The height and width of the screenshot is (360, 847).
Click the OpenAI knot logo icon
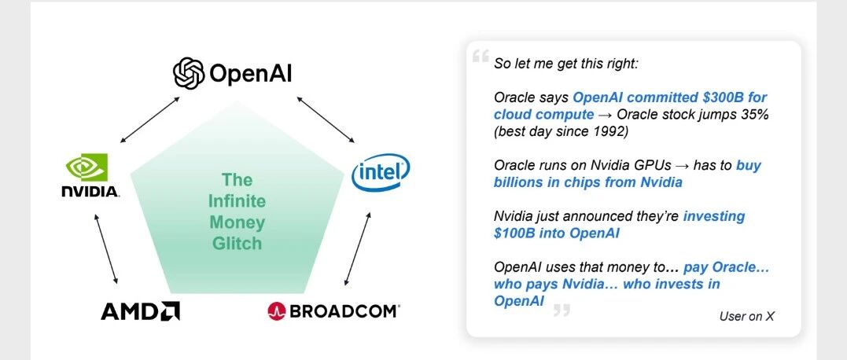click(189, 73)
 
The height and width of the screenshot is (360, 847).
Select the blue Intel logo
click(381, 173)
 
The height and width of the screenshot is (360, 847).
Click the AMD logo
click(141, 311)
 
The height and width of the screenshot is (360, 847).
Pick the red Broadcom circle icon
click(277, 311)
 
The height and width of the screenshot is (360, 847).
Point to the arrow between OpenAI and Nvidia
click(149, 119)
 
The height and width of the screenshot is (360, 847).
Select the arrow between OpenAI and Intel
click(326, 119)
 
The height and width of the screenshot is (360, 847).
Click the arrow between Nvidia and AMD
click(106, 248)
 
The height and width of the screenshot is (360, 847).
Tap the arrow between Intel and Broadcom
click(358, 248)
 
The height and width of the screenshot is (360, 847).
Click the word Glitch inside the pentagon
click(238, 244)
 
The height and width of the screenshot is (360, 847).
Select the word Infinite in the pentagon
click(238, 201)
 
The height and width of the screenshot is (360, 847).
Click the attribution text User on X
click(746, 316)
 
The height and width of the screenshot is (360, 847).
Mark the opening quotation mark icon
click(481, 56)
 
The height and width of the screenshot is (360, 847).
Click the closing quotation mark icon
click(562, 310)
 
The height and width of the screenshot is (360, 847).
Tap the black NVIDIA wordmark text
click(90, 192)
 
